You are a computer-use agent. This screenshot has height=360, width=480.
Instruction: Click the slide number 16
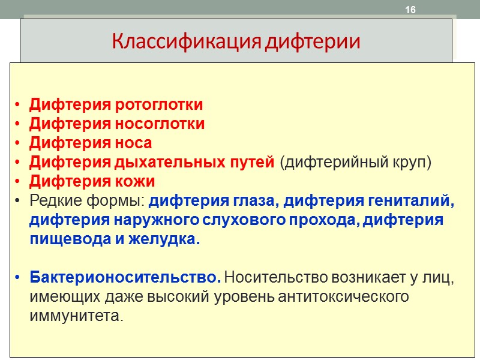point(410,10)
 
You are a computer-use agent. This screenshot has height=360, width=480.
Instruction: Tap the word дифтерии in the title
point(314,43)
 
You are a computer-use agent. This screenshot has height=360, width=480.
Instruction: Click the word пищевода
point(61,239)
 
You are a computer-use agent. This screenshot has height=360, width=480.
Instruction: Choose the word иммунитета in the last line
point(76,316)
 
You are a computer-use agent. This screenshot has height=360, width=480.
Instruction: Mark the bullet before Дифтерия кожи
point(19,182)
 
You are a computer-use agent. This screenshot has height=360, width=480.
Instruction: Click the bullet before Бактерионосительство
point(19,278)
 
